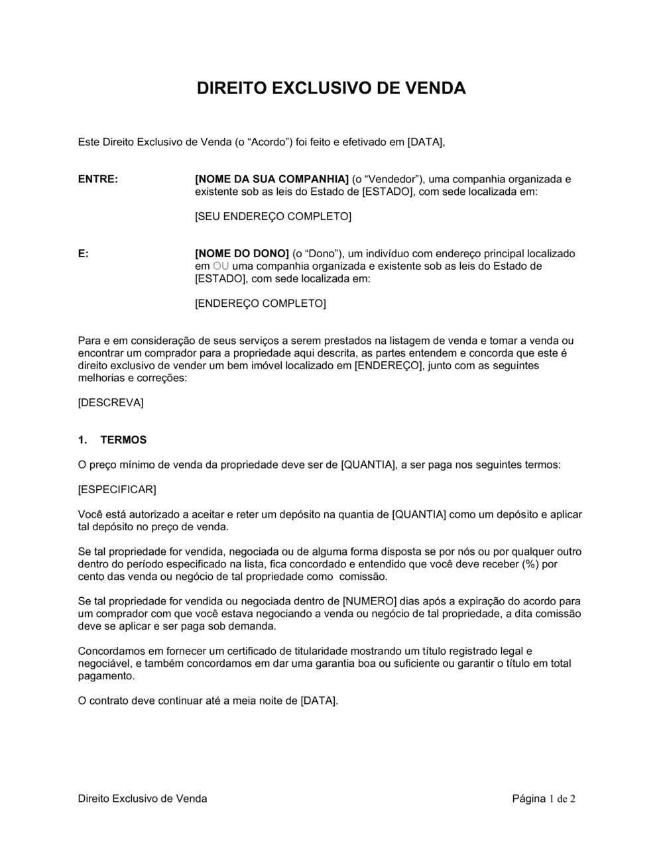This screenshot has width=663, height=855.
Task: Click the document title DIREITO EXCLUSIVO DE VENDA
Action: (331, 88)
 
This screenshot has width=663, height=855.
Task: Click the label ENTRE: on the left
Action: (97, 179)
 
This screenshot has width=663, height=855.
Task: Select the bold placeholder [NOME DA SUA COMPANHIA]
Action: (271, 179)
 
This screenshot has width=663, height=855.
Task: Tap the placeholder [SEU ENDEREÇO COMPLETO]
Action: (272, 216)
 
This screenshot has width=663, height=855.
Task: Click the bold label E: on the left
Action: (84, 254)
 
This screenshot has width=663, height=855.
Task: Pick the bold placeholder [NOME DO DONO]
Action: (241, 254)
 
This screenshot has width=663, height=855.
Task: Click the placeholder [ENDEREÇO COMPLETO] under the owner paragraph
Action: (260, 304)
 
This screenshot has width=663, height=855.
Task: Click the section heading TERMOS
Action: (123, 440)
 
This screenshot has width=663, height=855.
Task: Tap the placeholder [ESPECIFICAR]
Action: (117, 490)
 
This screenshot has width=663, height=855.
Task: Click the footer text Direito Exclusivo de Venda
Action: (142, 799)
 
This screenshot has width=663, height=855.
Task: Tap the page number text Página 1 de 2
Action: (543, 799)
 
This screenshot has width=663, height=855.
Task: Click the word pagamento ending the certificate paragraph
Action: (106, 676)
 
